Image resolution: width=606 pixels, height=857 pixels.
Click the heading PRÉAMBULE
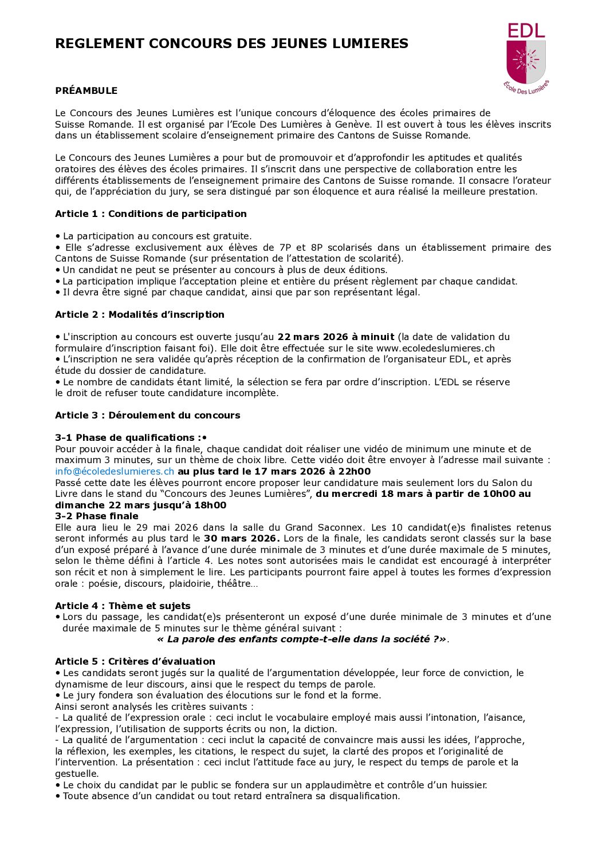pos(86,90)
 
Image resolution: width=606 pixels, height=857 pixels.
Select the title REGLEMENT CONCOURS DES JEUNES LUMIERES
pos(231,44)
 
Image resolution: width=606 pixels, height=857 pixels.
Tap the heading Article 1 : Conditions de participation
pos(151,214)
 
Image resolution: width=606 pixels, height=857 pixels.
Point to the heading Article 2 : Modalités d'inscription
pos(139,314)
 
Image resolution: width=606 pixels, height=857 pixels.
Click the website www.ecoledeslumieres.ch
pos(435,348)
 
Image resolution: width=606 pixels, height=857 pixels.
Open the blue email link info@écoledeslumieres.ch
pos(115,471)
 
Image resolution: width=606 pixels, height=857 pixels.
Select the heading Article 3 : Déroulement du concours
pos(147,415)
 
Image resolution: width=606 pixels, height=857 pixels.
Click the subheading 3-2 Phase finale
pos(96,516)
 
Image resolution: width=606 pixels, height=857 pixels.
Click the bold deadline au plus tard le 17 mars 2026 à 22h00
pos(274,471)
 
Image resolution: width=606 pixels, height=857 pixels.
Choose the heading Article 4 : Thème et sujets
pos(123,606)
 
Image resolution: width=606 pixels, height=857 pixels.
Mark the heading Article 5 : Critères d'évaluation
pos(135,661)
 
